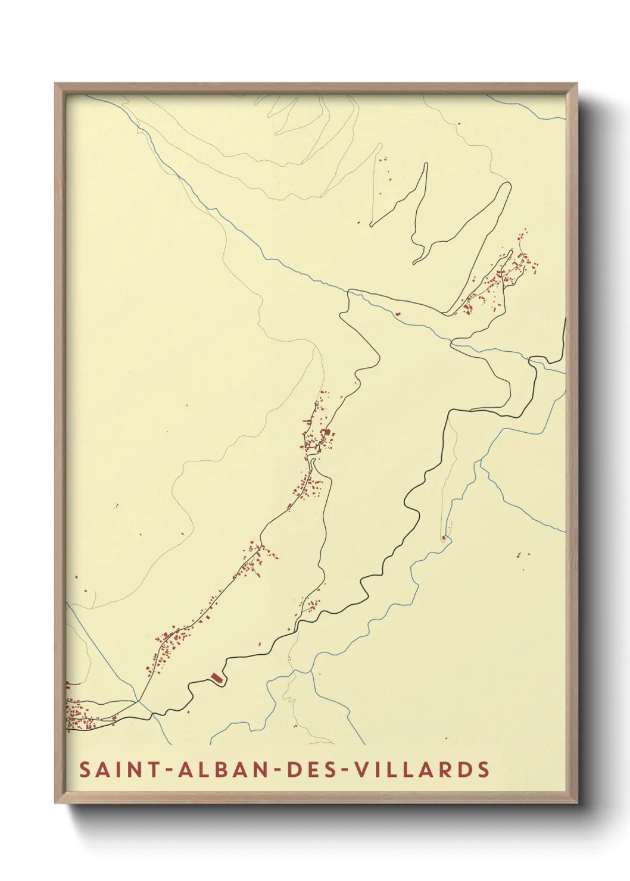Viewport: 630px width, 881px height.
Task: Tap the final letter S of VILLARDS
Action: click(x=484, y=770)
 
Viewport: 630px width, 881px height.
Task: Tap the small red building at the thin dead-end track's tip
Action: click(x=444, y=538)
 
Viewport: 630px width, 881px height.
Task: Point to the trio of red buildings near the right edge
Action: click(x=523, y=555)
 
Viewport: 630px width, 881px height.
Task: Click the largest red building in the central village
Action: click(x=326, y=433)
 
